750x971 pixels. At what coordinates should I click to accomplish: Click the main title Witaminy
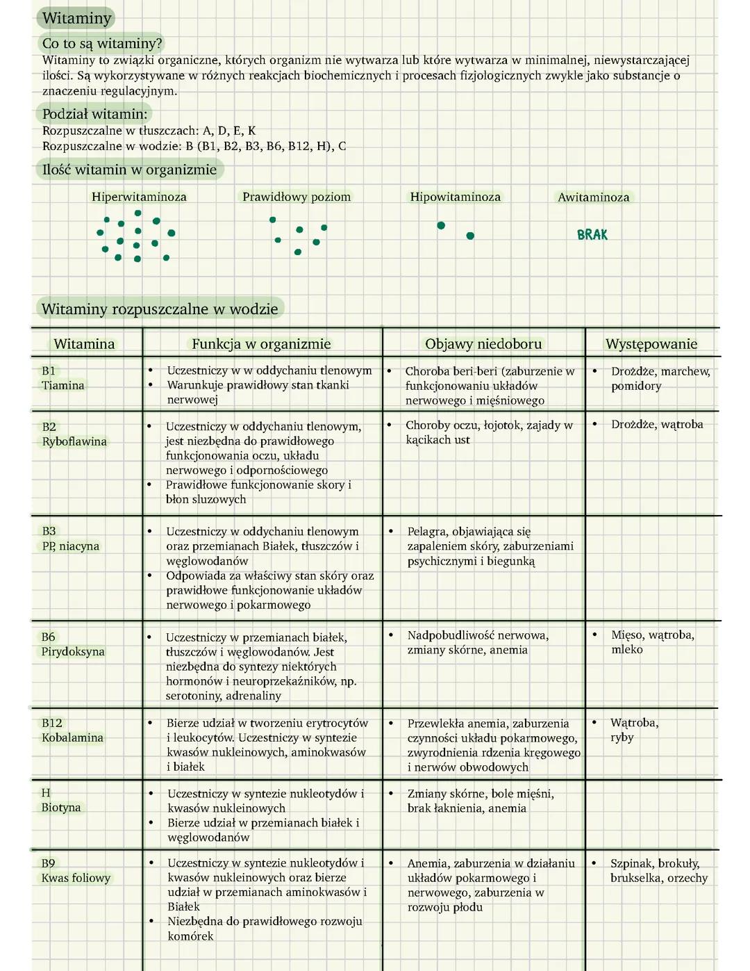coord(76,19)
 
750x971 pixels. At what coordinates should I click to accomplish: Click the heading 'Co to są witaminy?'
coord(102,43)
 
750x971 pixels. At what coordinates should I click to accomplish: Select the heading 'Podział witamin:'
coord(94,114)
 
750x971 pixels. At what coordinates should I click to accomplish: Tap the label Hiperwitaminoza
coord(139,197)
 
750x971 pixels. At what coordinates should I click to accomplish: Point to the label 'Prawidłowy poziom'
coord(297,197)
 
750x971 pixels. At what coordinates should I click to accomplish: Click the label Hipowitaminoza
coord(455,197)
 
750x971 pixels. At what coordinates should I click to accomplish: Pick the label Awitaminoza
coord(594,197)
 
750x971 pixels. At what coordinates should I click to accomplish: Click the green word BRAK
coord(592,235)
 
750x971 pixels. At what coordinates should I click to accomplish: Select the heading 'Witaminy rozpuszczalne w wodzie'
coord(160,309)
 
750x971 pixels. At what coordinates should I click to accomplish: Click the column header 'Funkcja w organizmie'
coord(261,344)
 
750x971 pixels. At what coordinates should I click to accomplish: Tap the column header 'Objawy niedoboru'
coord(483,344)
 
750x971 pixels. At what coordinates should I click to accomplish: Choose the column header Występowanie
coord(651,344)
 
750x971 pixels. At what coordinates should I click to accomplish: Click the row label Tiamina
coord(63,386)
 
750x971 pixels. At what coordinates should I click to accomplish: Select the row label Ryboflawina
coord(74,442)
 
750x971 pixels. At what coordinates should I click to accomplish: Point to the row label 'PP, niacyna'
coord(70,546)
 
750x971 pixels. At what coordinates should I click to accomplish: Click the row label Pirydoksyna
coord(73,652)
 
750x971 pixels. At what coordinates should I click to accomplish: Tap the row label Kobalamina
coord(72,738)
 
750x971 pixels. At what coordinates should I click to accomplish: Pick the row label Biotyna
coord(61,808)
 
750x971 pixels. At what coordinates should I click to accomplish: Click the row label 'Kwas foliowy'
coord(76,879)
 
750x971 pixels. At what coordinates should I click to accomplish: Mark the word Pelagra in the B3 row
coord(426,532)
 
